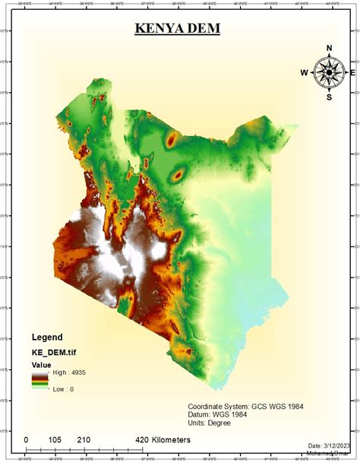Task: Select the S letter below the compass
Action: tap(329, 97)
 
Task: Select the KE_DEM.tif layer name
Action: tap(55, 352)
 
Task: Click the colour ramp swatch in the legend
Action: tap(39, 381)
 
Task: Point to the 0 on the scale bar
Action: tap(26, 440)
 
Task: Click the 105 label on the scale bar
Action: tap(55, 440)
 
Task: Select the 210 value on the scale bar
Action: tap(83, 440)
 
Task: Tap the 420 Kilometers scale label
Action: tap(162, 440)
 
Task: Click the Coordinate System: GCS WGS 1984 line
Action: tap(245, 407)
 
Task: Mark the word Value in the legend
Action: tap(41, 365)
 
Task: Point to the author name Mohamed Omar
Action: tap(332, 454)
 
